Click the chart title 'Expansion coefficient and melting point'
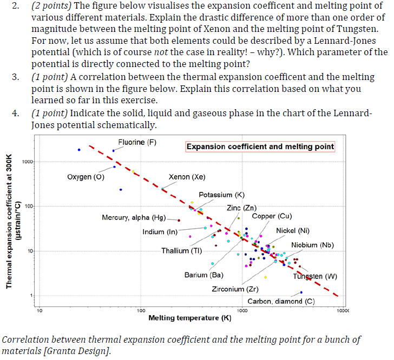pyautogui.click(x=260, y=146)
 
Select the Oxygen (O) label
pyautogui.click(x=86, y=177)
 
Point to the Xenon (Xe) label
pyautogui.click(x=187, y=177)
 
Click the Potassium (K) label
pyautogui.click(x=222, y=195)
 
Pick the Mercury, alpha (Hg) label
pyautogui.click(x=134, y=217)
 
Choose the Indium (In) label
pyautogui.click(x=160, y=232)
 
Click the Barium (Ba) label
pyautogui.click(x=203, y=275)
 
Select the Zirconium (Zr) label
pyautogui.click(x=235, y=289)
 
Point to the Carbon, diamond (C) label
pyautogui.click(x=281, y=301)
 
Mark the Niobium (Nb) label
pyautogui.click(x=312, y=245)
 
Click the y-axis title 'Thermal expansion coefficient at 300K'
pyautogui.click(x=9, y=222)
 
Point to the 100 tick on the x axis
pyautogui.click(x=140, y=310)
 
